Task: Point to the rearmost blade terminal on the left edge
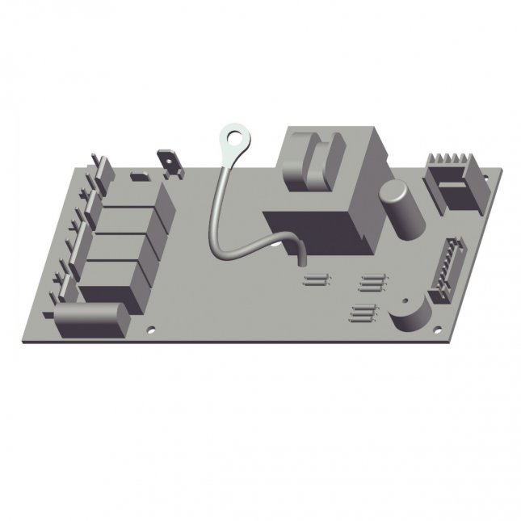(x=99, y=166)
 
